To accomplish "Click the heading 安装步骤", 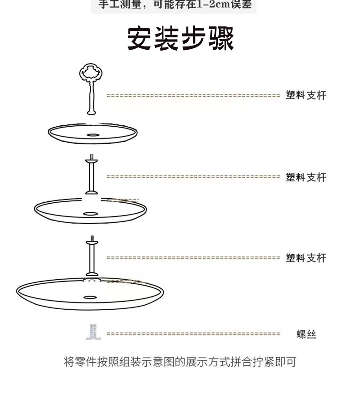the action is (x=180, y=39).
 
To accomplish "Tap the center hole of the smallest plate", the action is (x=93, y=135).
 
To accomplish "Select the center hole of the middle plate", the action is (x=90, y=213).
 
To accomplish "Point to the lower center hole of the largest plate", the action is (x=90, y=298).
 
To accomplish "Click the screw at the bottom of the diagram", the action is (x=93, y=332).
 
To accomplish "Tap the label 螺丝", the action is (x=306, y=335).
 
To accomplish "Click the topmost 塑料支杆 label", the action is (x=306, y=96).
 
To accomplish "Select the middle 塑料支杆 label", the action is (x=306, y=177).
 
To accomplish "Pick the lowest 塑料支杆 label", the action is (x=306, y=258).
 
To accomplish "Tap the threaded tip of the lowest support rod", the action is (x=92, y=239).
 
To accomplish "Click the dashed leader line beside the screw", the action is (x=193, y=334).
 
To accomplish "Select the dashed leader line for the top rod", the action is (x=193, y=96).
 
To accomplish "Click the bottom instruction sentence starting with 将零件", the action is (x=180, y=362).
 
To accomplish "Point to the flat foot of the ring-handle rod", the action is (x=91, y=112).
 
